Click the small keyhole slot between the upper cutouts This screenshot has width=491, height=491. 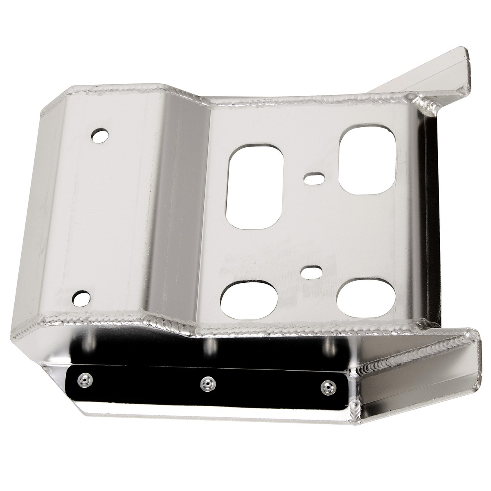click(313, 178)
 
